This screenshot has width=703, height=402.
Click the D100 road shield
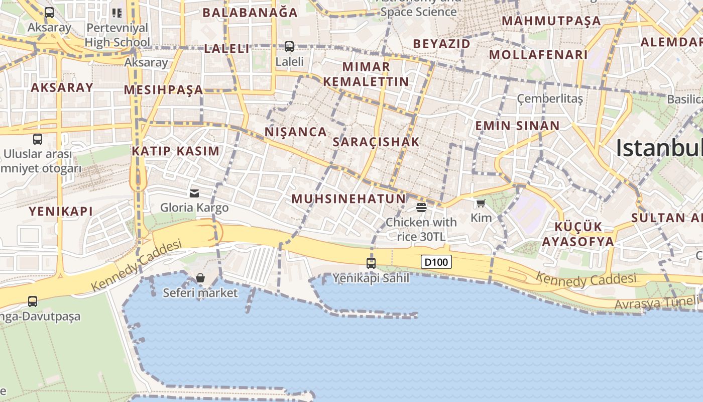pyautogui.click(x=436, y=262)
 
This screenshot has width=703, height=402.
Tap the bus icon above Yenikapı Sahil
pyautogui.click(x=371, y=263)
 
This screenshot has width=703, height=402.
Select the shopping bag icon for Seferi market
pyautogui.click(x=200, y=278)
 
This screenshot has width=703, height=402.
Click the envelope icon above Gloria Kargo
pyautogui.click(x=194, y=193)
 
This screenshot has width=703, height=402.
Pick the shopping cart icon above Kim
pyautogui.click(x=481, y=204)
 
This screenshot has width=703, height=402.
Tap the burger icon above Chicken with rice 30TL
pyautogui.click(x=421, y=207)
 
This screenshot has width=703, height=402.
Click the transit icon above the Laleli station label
pyautogui.click(x=289, y=47)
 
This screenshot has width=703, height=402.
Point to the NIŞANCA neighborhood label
pyautogui.click(x=296, y=132)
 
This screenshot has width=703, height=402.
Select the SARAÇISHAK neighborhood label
pyautogui.click(x=376, y=142)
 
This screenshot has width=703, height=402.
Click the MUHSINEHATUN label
pyautogui.click(x=348, y=198)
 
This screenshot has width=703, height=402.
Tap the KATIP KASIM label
pyautogui.click(x=176, y=151)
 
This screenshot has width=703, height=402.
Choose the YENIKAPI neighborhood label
pyautogui.click(x=61, y=211)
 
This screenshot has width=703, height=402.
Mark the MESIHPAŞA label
pyautogui.click(x=163, y=90)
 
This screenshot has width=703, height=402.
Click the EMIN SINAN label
pyautogui.click(x=517, y=126)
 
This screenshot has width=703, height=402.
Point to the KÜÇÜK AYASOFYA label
pyautogui.click(x=577, y=234)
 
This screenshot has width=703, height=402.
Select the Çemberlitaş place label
pyautogui.click(x=550, y=98)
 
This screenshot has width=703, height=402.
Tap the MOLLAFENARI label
pyautogui.click(x=538, y=55)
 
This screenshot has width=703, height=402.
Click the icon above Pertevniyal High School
pyautogui.click(x=117, y=13)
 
